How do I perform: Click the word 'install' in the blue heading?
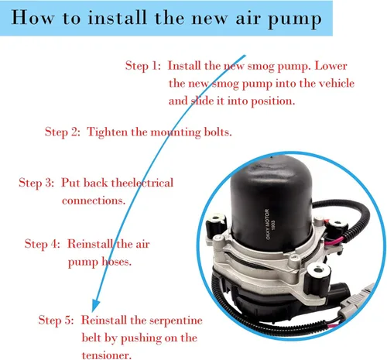(x=117, y=18)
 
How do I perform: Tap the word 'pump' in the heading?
(x=295, y=20)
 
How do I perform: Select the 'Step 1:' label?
(x=143, y=66)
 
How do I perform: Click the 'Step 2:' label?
(x=63, y=132)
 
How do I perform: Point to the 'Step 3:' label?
(x=36, y=183)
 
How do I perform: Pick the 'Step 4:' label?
(x=43, y=244)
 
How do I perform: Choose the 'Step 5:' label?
(x=56, y=321)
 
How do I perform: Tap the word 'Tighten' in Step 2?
(x=108, y=132)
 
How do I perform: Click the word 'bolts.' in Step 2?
(x=218, y=132)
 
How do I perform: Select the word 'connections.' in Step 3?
(x=94, y=201)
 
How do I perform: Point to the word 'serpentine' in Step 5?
(x=176, y=321)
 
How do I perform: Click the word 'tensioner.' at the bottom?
(x=107, y=355)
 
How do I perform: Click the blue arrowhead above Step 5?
(x=95, y=305)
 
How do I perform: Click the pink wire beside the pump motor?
(x=334, y=241)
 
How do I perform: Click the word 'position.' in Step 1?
(x=273, y=101)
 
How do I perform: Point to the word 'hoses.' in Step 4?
(x=116, y=262)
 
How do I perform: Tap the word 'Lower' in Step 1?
(x=330, y=66)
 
